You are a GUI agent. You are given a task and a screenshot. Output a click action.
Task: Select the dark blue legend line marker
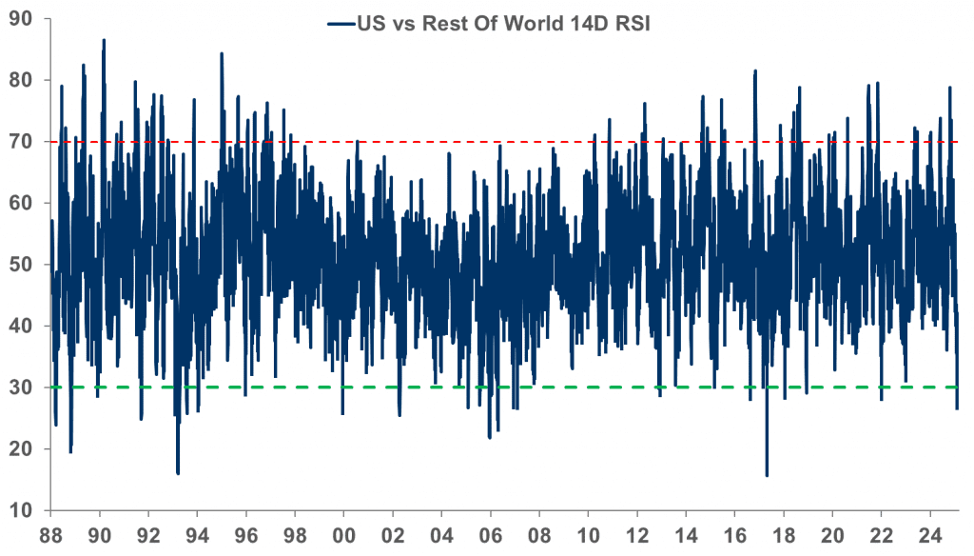pyautogui.click(x=339, y=24)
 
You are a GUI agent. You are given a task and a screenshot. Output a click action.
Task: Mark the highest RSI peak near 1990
pyautogui.click(x=104, y=40)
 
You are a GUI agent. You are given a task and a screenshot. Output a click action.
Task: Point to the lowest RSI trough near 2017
pyautogui.click(x=767, y=475)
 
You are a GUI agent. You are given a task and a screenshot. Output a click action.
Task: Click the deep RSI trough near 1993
pyautogui.click(x=178, y=473)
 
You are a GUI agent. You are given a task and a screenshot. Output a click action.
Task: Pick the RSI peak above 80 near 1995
pyautogui.click(x=222, y=53)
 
